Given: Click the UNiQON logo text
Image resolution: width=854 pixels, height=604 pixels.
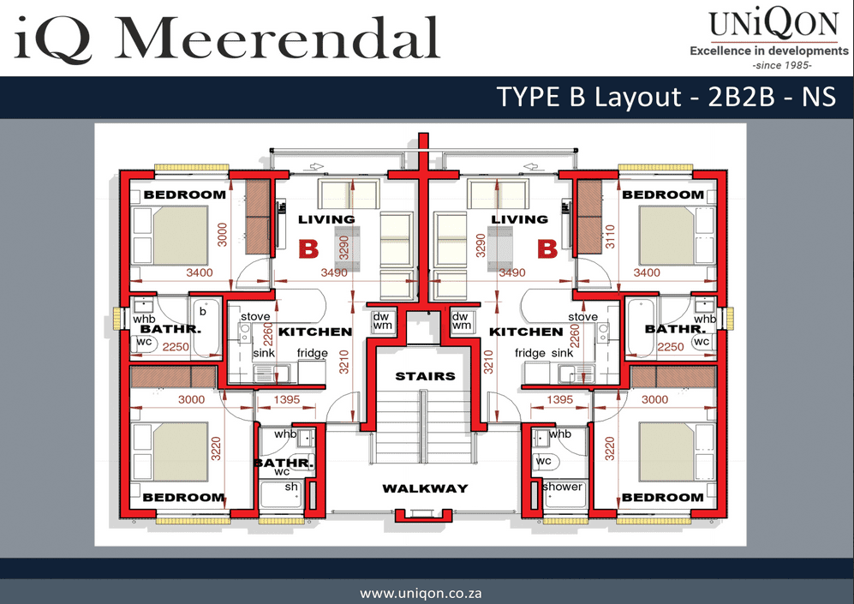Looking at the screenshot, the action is tap(773, 25).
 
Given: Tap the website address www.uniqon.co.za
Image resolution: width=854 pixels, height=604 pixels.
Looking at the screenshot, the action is tap(421, 593).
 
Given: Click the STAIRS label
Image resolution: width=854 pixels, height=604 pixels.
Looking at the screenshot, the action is tap(426, 376).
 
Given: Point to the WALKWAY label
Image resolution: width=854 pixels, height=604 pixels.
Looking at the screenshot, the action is tap(426, 488).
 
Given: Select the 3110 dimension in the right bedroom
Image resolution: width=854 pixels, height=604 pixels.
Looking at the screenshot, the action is tap(610, 236).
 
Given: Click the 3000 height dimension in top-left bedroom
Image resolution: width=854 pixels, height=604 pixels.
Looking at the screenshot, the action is tap(222, 234).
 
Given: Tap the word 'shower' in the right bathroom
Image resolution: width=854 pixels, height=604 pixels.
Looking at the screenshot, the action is tap(563, 487).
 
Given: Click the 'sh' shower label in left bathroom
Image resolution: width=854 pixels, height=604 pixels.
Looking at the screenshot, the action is tap(291, 487).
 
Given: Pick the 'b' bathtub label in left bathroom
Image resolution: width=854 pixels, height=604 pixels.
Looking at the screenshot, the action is tap(203, 311).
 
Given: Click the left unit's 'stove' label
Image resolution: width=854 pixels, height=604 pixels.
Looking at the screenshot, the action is tap(255, 316).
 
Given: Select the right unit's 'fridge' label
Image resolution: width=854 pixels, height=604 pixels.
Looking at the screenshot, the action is tap(530, 353).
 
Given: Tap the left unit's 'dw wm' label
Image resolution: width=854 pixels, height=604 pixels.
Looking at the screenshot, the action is tap(382, 320).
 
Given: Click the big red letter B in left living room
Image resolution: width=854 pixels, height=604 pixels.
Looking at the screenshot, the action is tap(308, 249).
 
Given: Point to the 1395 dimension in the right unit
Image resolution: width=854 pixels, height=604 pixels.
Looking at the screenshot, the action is tap(560, 399).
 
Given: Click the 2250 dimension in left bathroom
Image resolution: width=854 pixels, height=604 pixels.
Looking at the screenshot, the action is tap(176, 347).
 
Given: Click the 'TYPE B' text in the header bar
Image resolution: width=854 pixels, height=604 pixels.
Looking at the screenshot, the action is tap(541, 97).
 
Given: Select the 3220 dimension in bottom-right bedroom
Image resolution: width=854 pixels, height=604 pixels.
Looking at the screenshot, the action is tap(610, 449).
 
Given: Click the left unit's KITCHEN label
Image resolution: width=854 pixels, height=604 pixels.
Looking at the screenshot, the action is tap(315, 332).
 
